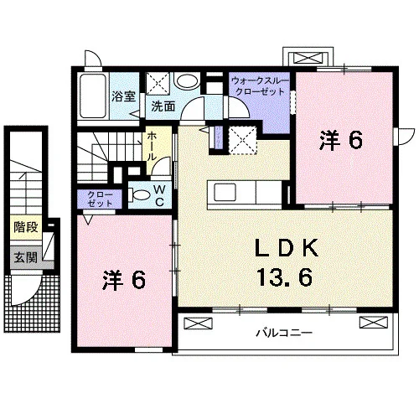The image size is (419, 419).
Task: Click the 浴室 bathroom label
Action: [x=124, y=96]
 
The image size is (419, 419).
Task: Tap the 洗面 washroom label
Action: [x=163, y=106]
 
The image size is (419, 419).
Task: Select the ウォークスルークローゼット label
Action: [x=260, y=86]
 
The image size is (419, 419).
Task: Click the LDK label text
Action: [x=287, y=248]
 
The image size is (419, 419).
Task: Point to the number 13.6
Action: [x=284, y=277]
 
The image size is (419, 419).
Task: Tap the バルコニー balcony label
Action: [x=284, y=333]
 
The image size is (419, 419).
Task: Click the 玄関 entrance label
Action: [x=26, y=257]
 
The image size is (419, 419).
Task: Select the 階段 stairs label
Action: [x=26, y=227]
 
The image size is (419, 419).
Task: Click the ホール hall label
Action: [x=152, y=146]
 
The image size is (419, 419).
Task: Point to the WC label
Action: [x=159, y=195]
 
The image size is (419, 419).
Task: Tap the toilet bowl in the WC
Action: [x=140, y=195]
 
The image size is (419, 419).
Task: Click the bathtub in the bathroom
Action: [x=93, y=96]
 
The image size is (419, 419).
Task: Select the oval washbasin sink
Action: [x=187, y=81]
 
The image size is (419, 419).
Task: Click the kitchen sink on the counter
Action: [x=225, y=193]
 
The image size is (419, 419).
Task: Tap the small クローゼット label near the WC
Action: [x=100, y=199]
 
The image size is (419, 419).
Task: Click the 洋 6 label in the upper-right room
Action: [x=341, y=140]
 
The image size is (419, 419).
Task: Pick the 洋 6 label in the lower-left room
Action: [x=124, y=280]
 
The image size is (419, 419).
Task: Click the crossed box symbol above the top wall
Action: [x=308, y=58]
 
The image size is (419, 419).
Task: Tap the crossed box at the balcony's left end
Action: [x=199, y=323]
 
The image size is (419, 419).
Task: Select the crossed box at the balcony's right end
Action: [x=374, y=322]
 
